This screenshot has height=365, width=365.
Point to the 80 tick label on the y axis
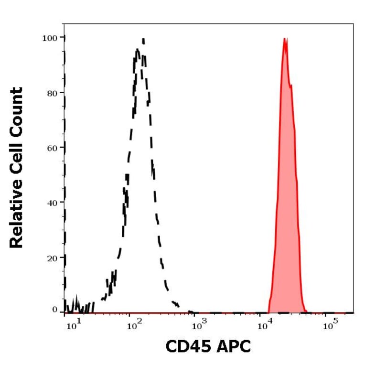(53, 93)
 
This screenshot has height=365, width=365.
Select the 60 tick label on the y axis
(53, 148)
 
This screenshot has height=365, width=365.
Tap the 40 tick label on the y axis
(53, 203)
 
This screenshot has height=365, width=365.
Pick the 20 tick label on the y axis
(53, 258)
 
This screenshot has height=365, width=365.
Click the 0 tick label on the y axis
(55, 310)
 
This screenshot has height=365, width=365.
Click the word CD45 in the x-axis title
(188, 346)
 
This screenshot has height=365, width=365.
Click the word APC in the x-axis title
(234, 346)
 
